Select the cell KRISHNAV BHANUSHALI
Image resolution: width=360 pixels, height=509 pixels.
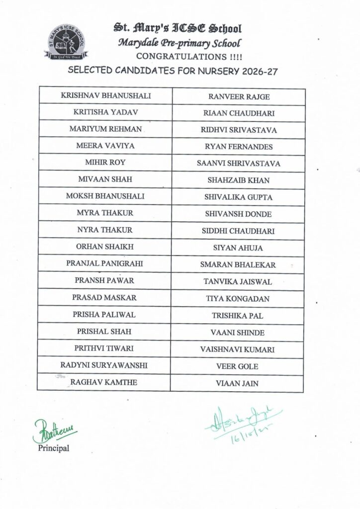(105, 95)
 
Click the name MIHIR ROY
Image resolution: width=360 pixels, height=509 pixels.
(105, 163)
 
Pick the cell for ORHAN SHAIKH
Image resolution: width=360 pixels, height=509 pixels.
(105, 247)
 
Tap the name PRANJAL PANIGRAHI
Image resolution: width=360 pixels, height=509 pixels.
(105, 264)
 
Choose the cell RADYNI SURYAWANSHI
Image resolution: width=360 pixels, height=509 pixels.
(105, 365)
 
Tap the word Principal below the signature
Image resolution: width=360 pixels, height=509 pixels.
(54, 448)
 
